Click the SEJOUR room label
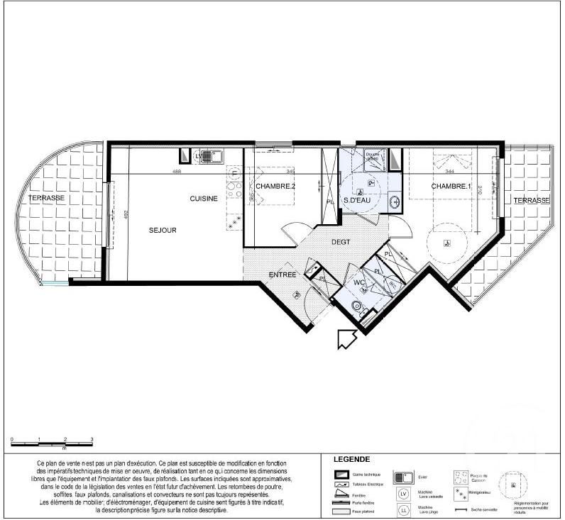click(163, 230)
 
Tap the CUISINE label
click(203, 199)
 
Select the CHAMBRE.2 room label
click(275, 186)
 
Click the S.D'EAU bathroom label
click(360, 201)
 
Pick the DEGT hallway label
click(341, 242)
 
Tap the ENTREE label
click(282, 275)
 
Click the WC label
click(359, 282)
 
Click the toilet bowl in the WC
click(357, 306)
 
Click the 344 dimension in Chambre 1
click(449, 171)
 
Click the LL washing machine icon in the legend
click(403, 509)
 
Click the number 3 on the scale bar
click(92, 441)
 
